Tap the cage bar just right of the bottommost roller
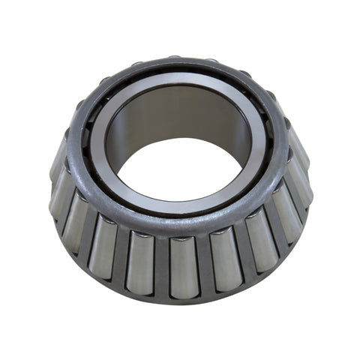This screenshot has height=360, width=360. (203, 264)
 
